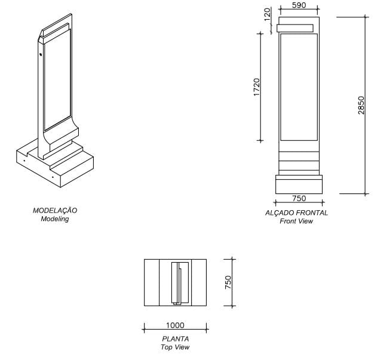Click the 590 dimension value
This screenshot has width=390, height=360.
point(299,5)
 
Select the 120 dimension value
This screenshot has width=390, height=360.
point(267,14)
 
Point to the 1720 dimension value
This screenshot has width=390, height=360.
point(256,87)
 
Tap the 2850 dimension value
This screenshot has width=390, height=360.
point(361,105)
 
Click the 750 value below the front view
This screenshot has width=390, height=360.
point(299,198)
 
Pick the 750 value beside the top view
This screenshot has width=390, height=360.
point(228,282)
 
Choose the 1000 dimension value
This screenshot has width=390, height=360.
point(176,325)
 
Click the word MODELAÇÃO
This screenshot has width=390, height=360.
point(55,210)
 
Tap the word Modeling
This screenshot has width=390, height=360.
point(55,219)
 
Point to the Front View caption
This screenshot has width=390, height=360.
point(296,221)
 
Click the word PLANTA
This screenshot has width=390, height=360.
point(176,339)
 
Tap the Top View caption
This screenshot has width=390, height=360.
point(175,347)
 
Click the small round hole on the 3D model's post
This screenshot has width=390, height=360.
point(41,54)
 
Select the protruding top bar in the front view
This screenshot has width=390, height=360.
point(295,28)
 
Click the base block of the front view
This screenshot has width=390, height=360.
point(299,184)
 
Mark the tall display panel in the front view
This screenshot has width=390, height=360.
point(299,87)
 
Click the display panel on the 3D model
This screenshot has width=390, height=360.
point(57,80)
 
